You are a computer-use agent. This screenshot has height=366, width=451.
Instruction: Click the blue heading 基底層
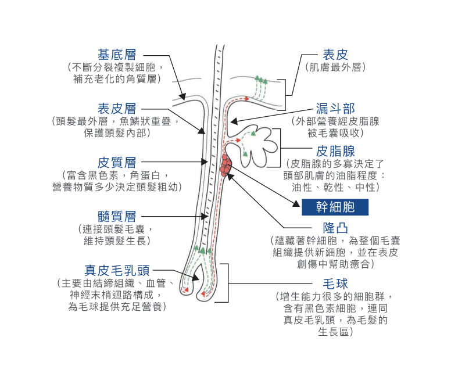pos(117,55)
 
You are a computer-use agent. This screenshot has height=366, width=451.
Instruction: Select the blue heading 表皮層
pos(117,109)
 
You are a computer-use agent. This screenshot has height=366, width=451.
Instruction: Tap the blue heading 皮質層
pos(117,163)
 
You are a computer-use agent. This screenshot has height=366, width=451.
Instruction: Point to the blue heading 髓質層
pos(117,217)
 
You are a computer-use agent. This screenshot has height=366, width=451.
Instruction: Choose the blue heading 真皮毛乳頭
pos(117,270)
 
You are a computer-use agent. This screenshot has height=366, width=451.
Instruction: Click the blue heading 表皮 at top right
pos(335,55)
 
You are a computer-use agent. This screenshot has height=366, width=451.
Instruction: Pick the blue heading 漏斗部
pos(335,109)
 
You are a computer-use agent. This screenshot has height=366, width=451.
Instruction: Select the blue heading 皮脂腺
pos(335,151)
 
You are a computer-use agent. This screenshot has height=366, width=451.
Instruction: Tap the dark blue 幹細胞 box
pos(335,207)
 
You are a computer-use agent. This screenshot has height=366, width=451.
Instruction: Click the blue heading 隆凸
pos(335,228)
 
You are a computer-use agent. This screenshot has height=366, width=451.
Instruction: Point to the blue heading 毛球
pos(335,284)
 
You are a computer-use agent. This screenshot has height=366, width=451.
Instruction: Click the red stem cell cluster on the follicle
pos(226,165)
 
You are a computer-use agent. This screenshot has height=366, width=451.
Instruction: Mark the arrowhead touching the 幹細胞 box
pos(296,204)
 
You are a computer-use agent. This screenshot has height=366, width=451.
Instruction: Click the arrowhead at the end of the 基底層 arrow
pos(182,96)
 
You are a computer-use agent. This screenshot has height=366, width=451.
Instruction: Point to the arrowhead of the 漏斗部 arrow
pos(234,121)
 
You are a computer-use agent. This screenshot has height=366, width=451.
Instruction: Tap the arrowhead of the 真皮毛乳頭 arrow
pos(196,278)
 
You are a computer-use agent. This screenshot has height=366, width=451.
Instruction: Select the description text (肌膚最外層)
pos(335,67)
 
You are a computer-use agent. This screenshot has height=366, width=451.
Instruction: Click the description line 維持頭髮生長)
pos(117,241)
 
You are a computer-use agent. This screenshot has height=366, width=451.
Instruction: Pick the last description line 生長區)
pos(335,332)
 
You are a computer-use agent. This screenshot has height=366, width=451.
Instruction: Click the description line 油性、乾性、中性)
pos(335,187)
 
